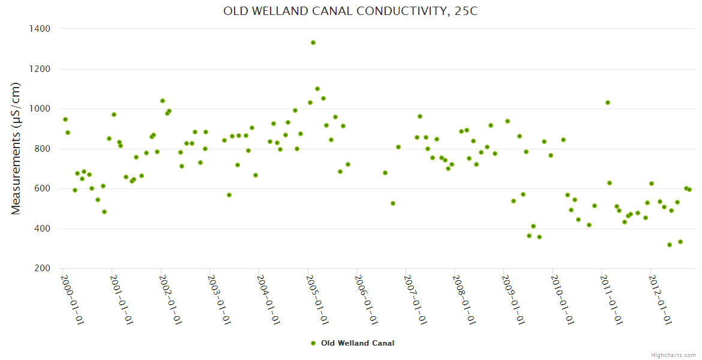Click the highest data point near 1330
pyautogui.click(x=313, y=43)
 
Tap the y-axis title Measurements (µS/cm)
pyautogui.click(x=17, y=148)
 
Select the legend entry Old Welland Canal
pyautogui.click(x=358, y=343)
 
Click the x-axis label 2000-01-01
pyautogui.click(x=72, y=300)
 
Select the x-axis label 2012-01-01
pyautogui.click(x=661, y=300)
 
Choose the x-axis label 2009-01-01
pyautogui.click(x=514, y=300)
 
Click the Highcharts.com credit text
pyautogui.click(x=673, y=355)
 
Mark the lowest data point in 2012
pyautogui.click(x=670, y=245)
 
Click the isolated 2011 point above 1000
pyautogui.click(x=608, y=103)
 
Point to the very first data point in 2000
pyautogui.click(x=65, y=119)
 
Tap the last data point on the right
pyautogui.click(x=689, y=190)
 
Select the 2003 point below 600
pyautogui.click(x=229, y=195)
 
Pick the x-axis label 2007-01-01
pyautogui.click(x=415, y=300)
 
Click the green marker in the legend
pyautogui.click(x=313, y=343)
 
